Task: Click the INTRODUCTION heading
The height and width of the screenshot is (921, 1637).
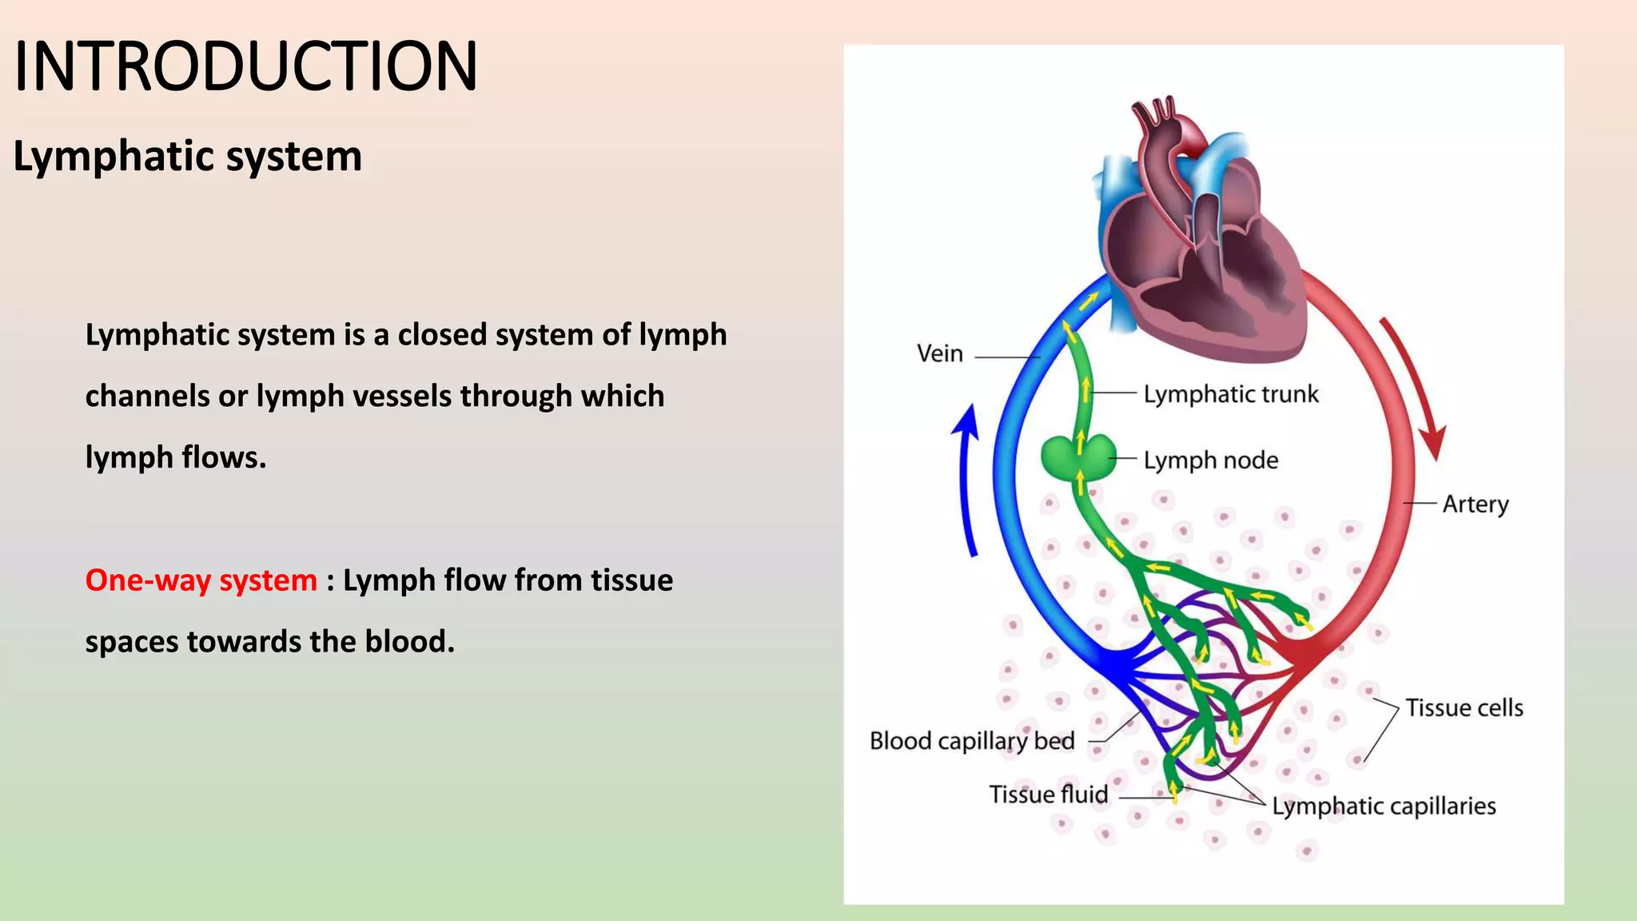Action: (245, 66)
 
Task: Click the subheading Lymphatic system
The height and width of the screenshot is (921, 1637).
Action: (187, 156)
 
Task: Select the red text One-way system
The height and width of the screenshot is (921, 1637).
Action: (201, 580)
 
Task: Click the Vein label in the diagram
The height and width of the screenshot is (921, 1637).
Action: (939, 353)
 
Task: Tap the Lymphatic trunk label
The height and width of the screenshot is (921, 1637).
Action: (1230, 394)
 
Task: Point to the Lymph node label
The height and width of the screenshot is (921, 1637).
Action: (1210, 460)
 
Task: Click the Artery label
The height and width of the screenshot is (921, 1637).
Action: (1475, 504)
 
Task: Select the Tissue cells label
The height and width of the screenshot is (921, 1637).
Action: (1464, 708)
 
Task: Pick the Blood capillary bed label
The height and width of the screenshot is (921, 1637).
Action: (971, 741)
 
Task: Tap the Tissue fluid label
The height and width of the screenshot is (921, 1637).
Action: (1048, 795)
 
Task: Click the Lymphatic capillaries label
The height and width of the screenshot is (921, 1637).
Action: (1384, 806)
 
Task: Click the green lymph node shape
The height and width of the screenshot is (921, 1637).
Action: (1077, 457)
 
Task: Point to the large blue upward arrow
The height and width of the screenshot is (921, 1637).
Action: (968, 480)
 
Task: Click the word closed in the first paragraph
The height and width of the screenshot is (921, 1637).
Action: (442, 335)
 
